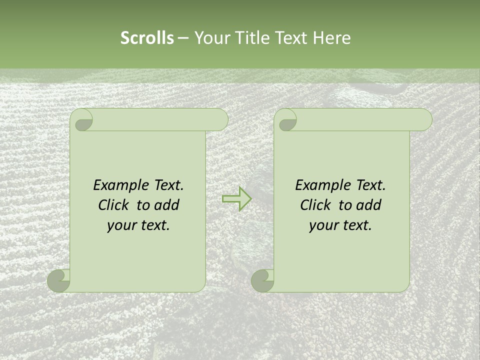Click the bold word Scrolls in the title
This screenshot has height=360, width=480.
tap(147, 38)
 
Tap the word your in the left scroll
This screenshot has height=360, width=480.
tap(121, 226)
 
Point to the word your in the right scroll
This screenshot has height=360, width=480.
tap(323, 226)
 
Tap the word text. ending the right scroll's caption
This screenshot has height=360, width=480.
tap(356, 225)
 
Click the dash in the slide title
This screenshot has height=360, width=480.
tap(183, 38)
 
